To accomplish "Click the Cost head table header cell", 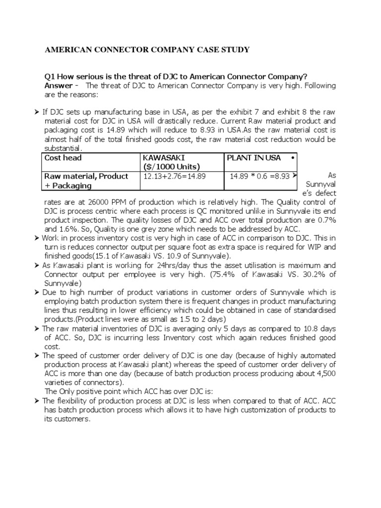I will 63,158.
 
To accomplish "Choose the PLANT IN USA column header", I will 254,158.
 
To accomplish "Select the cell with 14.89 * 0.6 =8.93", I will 259,176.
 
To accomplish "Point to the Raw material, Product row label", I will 86,176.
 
